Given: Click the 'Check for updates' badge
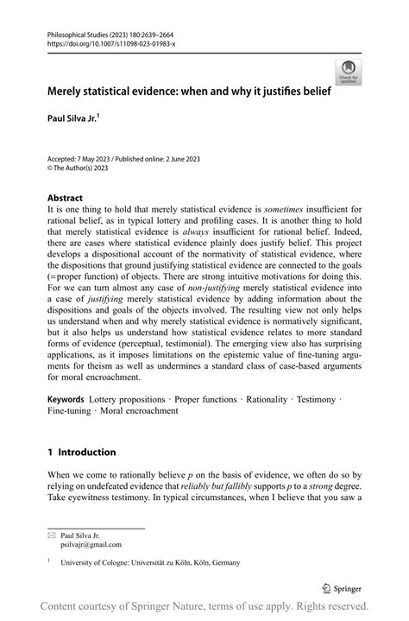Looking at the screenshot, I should pyautogui.click(x=349, y=72).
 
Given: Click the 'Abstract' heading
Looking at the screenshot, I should pyautogui.click(x=65, y=197).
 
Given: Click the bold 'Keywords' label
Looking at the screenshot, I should pyautogui.click(x=66, y=400).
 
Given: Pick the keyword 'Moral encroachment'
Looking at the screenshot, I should pyautogui.click(x=136, y=411).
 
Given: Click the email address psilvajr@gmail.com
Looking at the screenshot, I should pyautogui.click(x=91, y=545).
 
